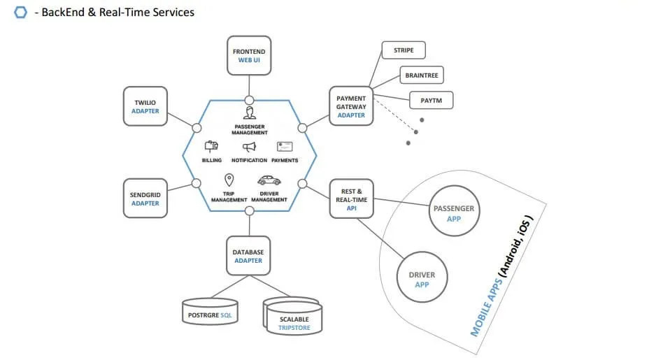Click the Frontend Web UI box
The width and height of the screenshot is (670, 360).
[x=248, y=56]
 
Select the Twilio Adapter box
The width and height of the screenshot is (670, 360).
[x=145, y=106]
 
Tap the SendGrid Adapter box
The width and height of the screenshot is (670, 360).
[x=145, y=198]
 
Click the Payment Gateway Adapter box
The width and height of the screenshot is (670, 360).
[x=351, y=106]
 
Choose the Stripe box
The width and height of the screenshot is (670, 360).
[x=403, y=50]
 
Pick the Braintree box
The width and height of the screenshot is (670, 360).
[x=422, y=75]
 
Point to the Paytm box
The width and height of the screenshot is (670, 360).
[x=431, y=101]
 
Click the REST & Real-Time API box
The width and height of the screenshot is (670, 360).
[x=351, y=199]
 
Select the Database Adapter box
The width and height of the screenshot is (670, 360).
[x=248, y=255]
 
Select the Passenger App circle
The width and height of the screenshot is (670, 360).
[x=454, y=213]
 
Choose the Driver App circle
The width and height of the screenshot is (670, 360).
[x=422, y=279]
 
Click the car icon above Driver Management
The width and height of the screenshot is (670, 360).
[x=269, y=180]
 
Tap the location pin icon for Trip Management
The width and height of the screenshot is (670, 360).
[x=229, y=180]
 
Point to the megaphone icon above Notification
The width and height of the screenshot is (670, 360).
[x=249, y=147]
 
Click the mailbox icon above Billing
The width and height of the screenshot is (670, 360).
[x=211, y=146]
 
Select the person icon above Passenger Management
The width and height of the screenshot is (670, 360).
[x=249, y=113]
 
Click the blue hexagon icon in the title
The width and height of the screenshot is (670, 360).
[x=20, y=12]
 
